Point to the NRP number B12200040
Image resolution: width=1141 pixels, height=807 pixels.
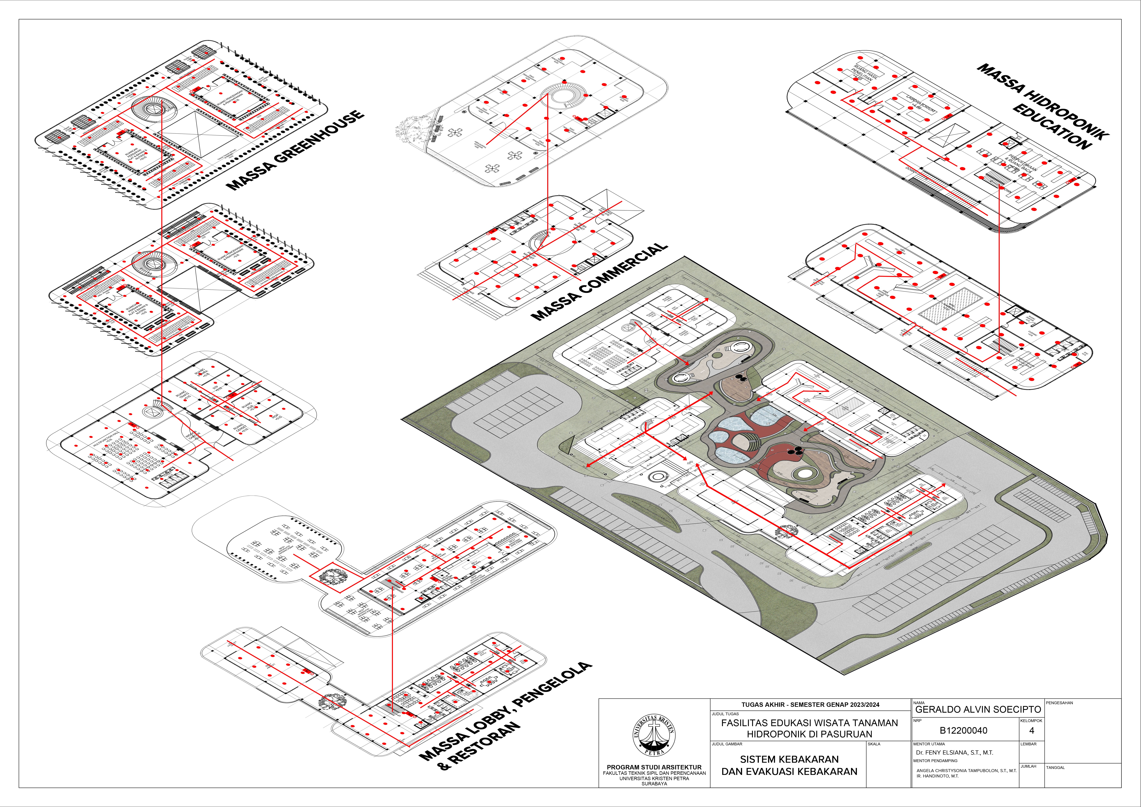tap(963, 730)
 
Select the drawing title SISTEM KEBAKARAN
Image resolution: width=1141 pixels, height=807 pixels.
tap(789, 759)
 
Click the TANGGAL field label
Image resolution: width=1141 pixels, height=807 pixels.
tap(1055, 767)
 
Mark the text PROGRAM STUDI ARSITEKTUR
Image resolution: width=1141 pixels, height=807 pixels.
tap(654, 767)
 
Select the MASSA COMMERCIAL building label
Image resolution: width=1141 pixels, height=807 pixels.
tap(599, 281)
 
